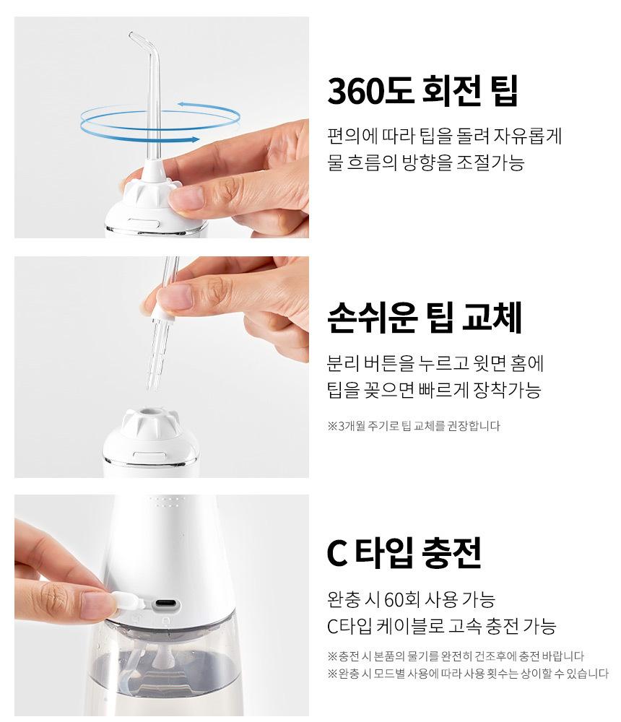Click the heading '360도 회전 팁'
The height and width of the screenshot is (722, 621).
pos(422,91)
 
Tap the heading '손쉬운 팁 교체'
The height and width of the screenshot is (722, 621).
pos(425,317)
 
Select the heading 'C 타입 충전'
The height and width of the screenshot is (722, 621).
pos(404,552)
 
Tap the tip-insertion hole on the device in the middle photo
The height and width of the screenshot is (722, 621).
pos(148,412)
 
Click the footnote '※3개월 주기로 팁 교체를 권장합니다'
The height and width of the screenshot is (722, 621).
pos(414,425)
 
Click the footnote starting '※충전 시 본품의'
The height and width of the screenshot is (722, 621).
pos(456,656)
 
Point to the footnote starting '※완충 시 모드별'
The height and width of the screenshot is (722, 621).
pos(468,674)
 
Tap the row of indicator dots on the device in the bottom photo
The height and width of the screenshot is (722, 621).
pos(165,502)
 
